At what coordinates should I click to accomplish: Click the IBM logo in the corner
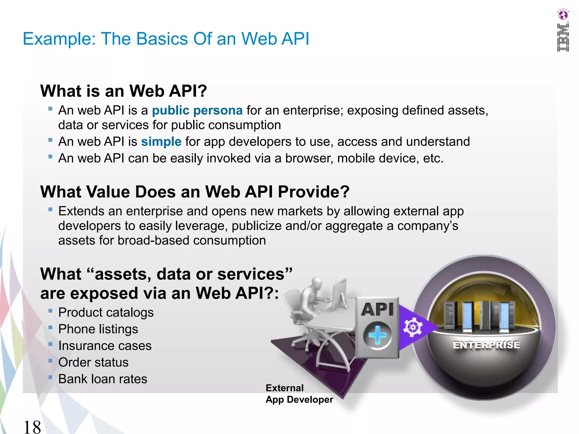tap(563, 38)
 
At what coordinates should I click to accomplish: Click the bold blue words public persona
tap(197, 110)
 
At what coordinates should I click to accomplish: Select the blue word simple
tap(161, 142)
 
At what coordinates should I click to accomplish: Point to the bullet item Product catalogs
tap(106, 313)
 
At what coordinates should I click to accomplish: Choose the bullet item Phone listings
tap(98, 329)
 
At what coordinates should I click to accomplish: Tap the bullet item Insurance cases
tap(105, 346)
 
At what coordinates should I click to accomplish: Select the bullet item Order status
tap(93, 363)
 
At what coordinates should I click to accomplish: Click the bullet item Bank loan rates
tap(102, 379)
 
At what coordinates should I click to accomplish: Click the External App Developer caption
tap(299, 394)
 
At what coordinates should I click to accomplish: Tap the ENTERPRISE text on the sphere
tap(486, 345)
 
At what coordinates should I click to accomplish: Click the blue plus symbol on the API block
tap(377, 336)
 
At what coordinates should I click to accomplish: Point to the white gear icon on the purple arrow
tap(413, 327)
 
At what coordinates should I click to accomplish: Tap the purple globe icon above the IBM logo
tap(563, 14)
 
